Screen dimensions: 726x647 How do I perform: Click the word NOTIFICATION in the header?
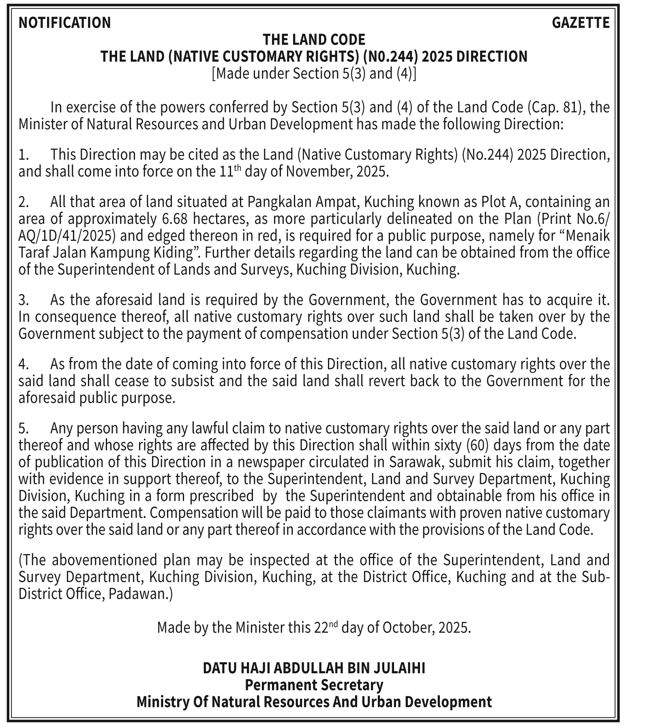tap(64, 23)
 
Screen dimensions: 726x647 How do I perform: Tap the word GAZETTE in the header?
tap(581, 23)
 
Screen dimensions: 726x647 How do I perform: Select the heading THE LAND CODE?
tap(314, 40)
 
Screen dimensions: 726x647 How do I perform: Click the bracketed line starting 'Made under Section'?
tap(314, 73)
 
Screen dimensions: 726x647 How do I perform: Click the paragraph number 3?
tap(23, 300)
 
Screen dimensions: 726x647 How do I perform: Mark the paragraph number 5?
tap(23, 428)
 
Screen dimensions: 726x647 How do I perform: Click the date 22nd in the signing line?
tap(326, 628)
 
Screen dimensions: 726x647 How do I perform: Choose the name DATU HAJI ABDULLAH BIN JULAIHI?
tap(314, 668)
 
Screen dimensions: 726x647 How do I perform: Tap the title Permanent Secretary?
tap(314, 685)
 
